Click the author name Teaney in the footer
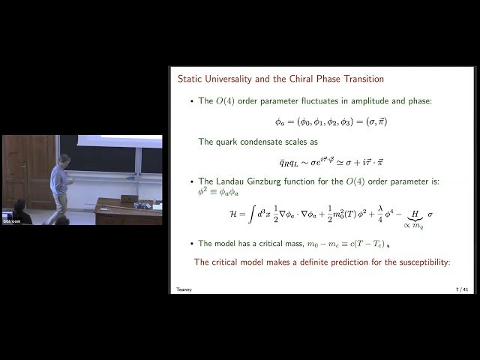click(184, 288)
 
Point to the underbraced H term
click(409, 214)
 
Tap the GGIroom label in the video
click(11, 221)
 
